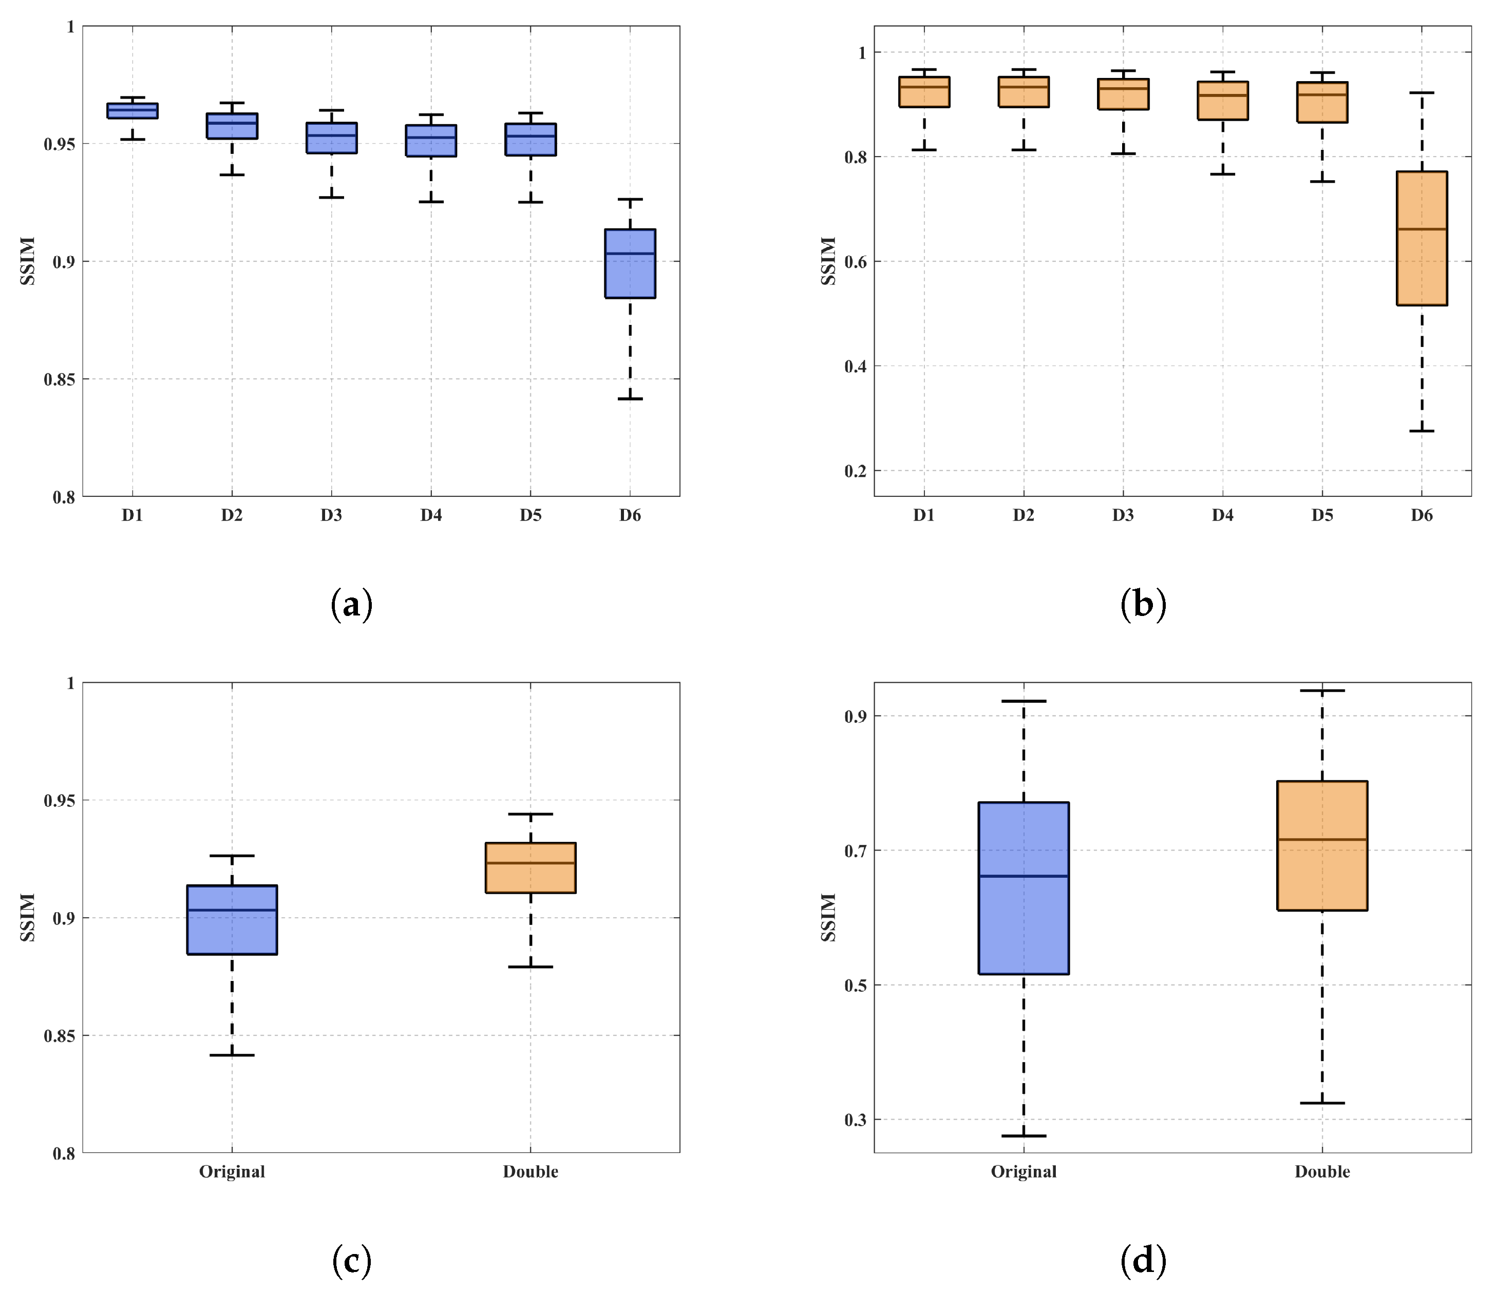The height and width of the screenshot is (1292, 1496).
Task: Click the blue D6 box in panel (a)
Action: [x=630, y=263]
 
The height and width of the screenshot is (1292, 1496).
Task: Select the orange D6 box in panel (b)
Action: [x=1422, y=238]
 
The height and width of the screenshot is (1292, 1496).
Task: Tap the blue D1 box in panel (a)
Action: [x=132, y=110]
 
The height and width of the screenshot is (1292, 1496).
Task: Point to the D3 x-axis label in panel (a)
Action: [x=331, y=515]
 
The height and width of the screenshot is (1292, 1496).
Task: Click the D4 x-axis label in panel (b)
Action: [x=1222, y=515]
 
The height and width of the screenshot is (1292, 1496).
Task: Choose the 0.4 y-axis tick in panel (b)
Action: [x=856, y=367]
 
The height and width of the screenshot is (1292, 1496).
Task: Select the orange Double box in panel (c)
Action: [x=530, y=867]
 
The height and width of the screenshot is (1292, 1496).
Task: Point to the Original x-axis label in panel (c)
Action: [x=232, y=1171]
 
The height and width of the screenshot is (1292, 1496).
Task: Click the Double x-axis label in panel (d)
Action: [x=1321, y=1171]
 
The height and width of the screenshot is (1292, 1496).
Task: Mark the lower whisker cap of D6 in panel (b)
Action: [x=1422, y=431]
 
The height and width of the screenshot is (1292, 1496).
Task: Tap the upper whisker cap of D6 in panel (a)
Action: [x=630, y=199]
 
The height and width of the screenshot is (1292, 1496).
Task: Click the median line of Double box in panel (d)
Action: [x=1321, y=839]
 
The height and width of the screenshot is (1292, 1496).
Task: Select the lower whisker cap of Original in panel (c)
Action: [x=232, y=1055]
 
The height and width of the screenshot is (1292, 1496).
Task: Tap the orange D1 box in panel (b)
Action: [x=923, y=92]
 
